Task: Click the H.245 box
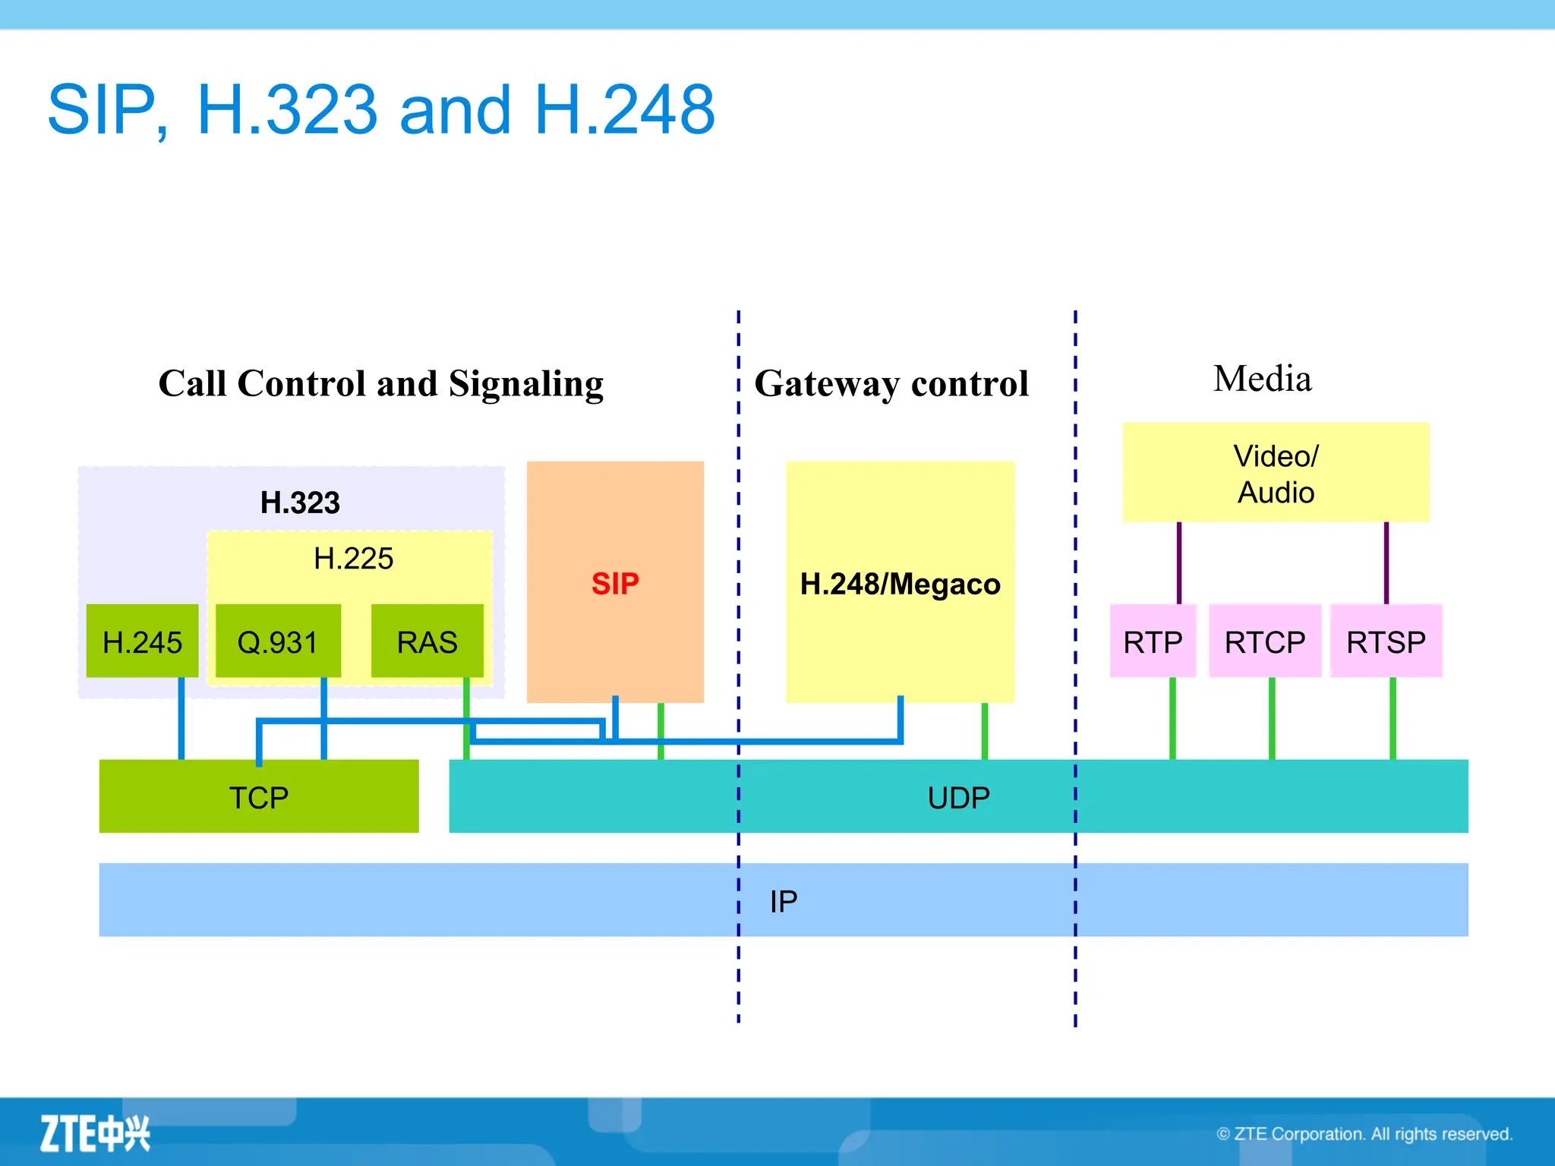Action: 142,641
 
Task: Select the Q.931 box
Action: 278,641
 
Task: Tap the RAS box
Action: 427,641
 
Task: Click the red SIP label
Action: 615,584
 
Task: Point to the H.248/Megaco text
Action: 900,584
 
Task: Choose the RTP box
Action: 1153,641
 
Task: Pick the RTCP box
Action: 1265,641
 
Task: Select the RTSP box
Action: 1386,641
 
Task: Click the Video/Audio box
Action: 1276,473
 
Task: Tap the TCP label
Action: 259,798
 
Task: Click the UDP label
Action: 958,798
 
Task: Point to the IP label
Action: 784,901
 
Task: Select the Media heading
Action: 1262,378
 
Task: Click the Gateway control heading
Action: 891,383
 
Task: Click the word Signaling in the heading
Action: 526,384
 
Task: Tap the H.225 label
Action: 353,559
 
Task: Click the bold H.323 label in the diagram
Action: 300,503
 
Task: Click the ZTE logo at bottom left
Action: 95,1134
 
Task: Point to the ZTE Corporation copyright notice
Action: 1364,1134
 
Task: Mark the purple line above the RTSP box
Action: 1386,563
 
